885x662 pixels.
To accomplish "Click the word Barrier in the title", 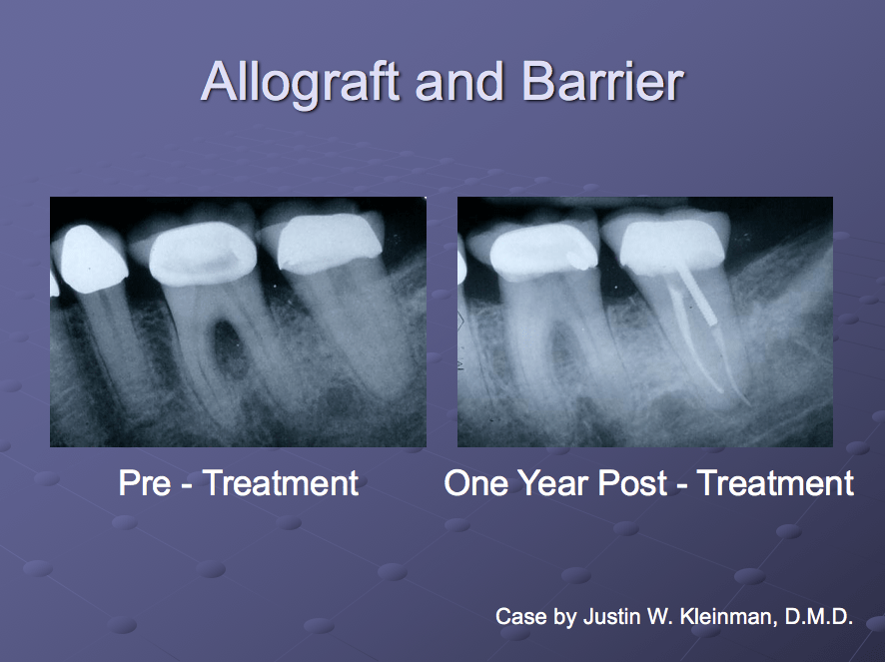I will (598, 81).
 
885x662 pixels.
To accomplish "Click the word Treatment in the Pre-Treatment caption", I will (281, 483).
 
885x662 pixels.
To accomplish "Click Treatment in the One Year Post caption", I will (775, 483).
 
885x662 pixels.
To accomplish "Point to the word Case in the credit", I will (520, 617).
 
